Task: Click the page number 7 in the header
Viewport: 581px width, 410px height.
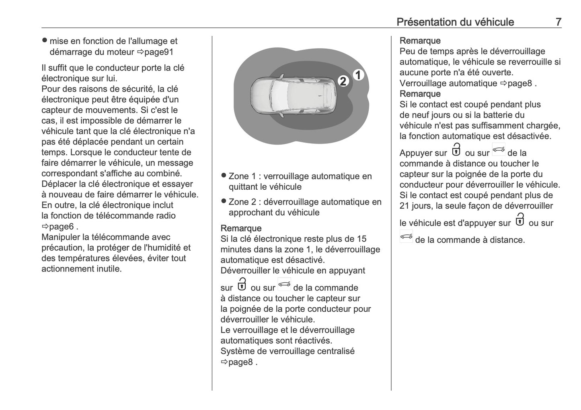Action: coord(558,22)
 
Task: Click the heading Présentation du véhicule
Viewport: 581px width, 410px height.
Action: coord(455,22)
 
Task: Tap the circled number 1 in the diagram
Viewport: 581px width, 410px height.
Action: coord(358,75)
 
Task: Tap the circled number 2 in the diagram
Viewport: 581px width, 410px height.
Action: coord(343,81)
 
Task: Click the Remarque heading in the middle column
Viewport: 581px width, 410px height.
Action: coord(241,228)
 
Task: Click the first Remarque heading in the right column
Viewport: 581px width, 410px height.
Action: coord(420,41)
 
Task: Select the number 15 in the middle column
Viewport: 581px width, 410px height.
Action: coord(361,239)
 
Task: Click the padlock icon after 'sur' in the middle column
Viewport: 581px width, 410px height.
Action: coord(242,284)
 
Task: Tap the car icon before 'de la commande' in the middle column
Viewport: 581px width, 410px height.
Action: coord(284,284)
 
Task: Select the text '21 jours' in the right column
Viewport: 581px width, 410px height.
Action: coord(415,206)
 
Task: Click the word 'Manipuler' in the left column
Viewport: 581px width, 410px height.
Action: coord(60,237)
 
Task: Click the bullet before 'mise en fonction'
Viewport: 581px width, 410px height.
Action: coord(45,40)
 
